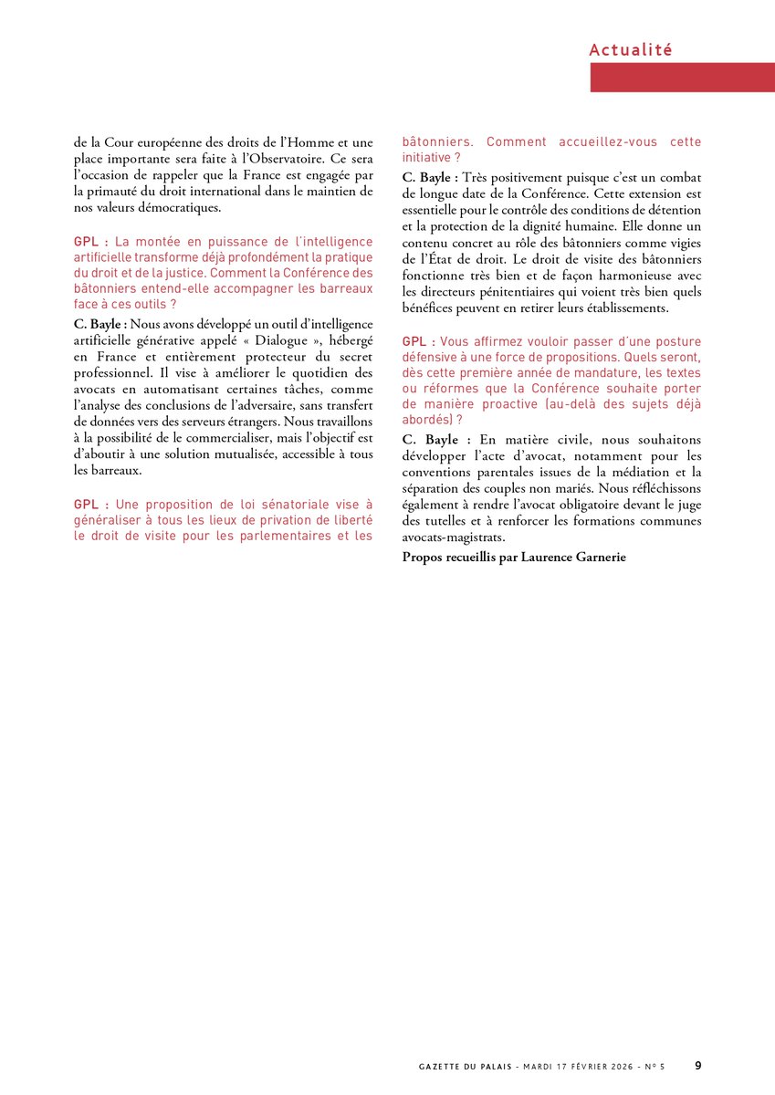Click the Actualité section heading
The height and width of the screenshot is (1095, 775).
[631, 49]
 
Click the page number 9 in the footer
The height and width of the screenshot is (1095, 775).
[697, 1065]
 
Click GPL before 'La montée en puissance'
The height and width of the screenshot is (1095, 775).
[90, 242]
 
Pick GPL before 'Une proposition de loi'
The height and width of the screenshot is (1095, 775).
[90, 504]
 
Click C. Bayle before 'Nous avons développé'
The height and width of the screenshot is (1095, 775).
[100, 323]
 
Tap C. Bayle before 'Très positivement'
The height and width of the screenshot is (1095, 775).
[429, 177]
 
